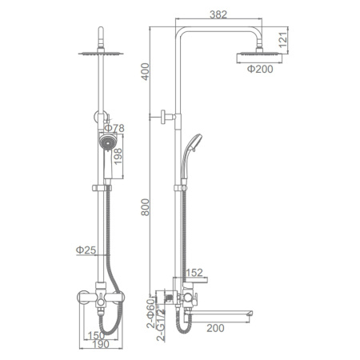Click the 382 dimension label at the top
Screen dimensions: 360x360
pos(218,14)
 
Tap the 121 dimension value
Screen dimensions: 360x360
pos(283,40)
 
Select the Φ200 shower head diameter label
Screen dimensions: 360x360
pos(260,69)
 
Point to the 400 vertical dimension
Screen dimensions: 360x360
pos(146,71)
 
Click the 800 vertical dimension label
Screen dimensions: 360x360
pos(146,207)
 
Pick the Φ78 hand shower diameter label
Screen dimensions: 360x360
pos(114,128)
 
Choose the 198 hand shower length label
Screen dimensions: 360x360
pos(118,157)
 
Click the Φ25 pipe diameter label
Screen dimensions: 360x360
pos(86,250)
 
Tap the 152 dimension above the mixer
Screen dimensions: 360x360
pos(194,273)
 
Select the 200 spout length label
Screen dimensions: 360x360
pos(215,328)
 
